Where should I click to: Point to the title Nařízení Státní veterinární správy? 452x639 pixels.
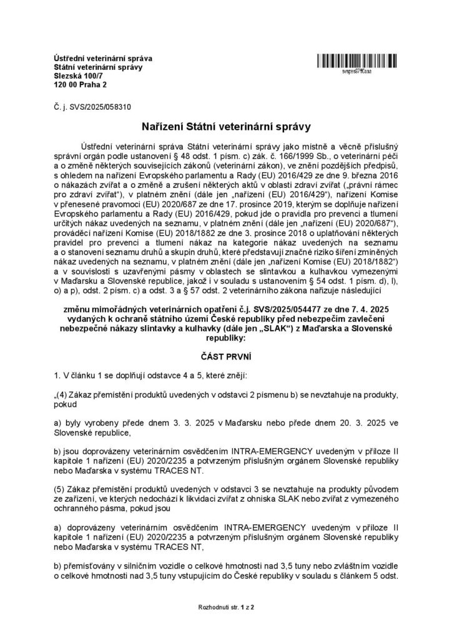225,127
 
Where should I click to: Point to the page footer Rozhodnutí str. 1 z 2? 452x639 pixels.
225,607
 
